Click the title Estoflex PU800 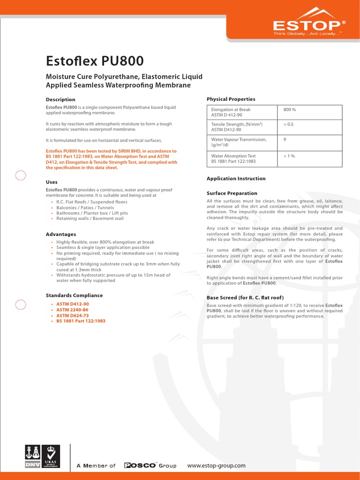[95, 61]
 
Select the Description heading [60, 99]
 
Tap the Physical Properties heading [231, 99]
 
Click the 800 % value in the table [290, 110]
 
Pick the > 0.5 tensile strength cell [288, 124]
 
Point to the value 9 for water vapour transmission [285, 139]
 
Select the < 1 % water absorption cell [289, 156]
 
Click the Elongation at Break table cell [231, 112]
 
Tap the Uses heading [52, 181]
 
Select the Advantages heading [60, 234]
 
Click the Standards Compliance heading [74, 295]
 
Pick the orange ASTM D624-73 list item [73, 316]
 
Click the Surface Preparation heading [232, 193]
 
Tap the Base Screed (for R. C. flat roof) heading [245, 298]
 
